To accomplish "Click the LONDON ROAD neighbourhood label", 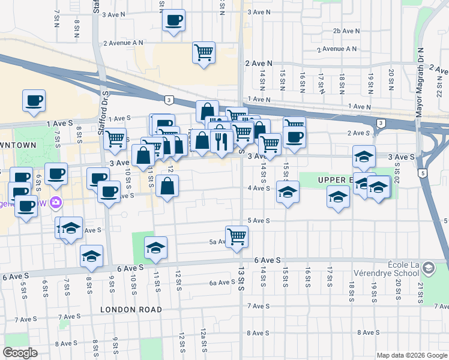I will tap(131, 310).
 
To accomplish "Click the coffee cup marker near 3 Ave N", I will tap(173, 20).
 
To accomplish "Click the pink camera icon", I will tap(56, 202).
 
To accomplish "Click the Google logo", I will tap(21, 353).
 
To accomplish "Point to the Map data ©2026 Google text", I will tap(411, 355).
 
